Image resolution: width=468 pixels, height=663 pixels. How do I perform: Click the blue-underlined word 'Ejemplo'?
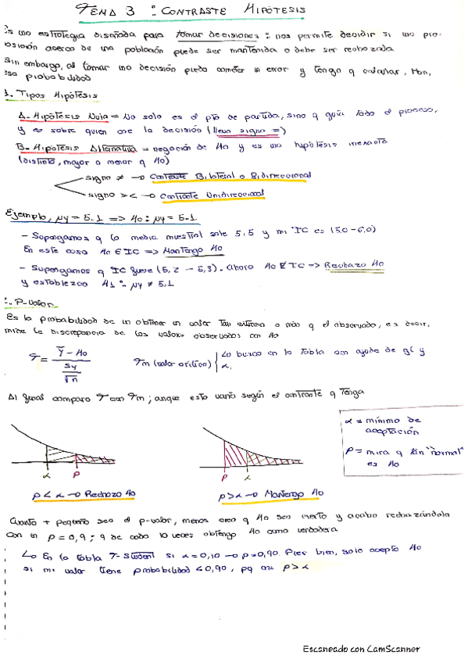[33, 213]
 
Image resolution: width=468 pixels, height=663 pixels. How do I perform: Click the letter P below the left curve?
[76, 474]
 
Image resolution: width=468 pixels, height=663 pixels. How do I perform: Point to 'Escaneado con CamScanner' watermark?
[361, 649]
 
